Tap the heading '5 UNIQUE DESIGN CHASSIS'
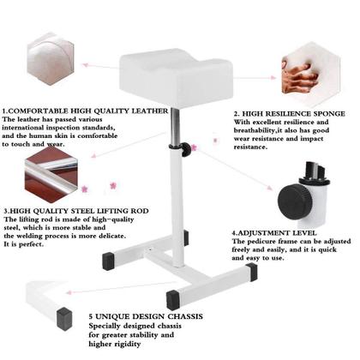(146, 317)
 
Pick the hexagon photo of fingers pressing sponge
(302, 64)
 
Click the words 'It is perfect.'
(24, 244)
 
